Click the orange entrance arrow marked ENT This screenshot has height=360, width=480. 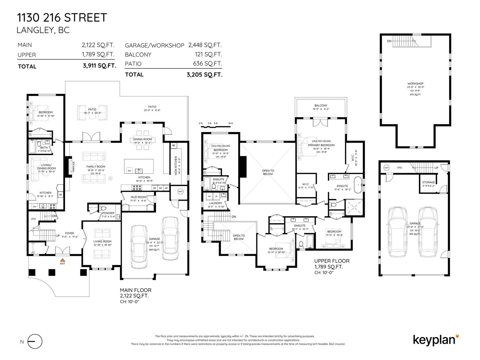point(63,260)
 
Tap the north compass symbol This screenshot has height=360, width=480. point(35,341)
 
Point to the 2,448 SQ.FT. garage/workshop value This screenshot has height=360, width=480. point(205,45)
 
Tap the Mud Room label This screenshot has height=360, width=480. point(138,197)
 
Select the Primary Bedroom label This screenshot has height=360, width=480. point(321,145)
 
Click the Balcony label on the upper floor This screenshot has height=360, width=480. point(321,106)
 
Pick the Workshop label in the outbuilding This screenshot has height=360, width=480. point(415,84)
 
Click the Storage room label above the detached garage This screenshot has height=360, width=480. point(428,182)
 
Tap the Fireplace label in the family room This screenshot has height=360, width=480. point(73,166)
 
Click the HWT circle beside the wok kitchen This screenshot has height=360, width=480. point(180,191)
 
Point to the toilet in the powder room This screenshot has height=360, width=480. point(103,208)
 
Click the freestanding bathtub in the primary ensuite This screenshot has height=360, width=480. point(358,185)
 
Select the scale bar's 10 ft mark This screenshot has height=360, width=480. point(230,124)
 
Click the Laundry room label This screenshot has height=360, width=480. point(216,203)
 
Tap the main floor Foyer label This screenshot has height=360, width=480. point(69,233)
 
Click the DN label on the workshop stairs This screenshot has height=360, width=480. point(389,41)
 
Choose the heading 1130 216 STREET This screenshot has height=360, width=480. point(62,18)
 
